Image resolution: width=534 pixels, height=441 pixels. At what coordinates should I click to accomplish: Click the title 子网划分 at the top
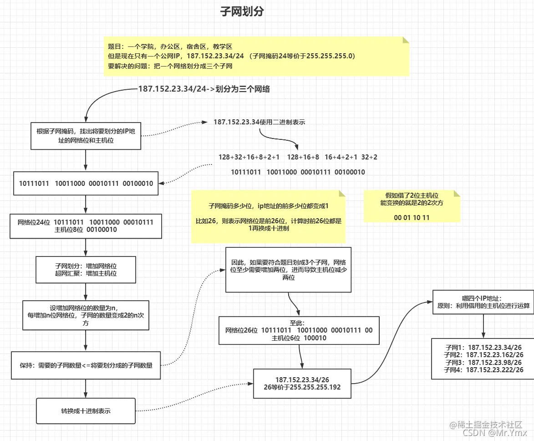pos(242,12)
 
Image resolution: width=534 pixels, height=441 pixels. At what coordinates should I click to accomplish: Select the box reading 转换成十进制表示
pos(86,411)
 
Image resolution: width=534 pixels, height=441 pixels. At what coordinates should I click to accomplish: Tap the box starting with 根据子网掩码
pos(86,136)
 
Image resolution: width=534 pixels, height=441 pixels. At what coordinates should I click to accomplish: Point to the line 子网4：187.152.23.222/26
pos(483,370)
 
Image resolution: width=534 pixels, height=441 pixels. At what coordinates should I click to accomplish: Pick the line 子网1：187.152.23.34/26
pos(483,348)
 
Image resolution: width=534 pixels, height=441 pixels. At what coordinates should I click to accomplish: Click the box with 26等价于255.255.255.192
pos(302,384)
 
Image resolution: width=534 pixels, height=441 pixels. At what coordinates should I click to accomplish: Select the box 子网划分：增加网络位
pos(86,270)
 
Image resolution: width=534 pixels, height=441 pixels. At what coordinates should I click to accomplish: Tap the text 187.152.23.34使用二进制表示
pos(259,122)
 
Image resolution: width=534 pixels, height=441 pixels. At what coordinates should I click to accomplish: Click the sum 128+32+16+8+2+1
pos(249,157)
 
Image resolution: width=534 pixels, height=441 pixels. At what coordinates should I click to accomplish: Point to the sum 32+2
pos(369,157)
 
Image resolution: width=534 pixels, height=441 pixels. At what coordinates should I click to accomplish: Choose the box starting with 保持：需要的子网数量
pos(86,365)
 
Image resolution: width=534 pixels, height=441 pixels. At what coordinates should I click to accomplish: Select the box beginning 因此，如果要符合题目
pos(289,270)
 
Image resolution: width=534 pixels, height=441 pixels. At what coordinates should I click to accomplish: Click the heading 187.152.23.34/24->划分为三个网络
pos(203,89)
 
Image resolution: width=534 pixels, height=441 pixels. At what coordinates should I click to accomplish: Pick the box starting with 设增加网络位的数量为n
pos(86,315)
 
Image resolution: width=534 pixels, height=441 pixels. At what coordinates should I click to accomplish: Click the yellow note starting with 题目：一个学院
pos(256,56)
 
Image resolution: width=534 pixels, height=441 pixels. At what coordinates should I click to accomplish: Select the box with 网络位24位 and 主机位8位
pos(86,226)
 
